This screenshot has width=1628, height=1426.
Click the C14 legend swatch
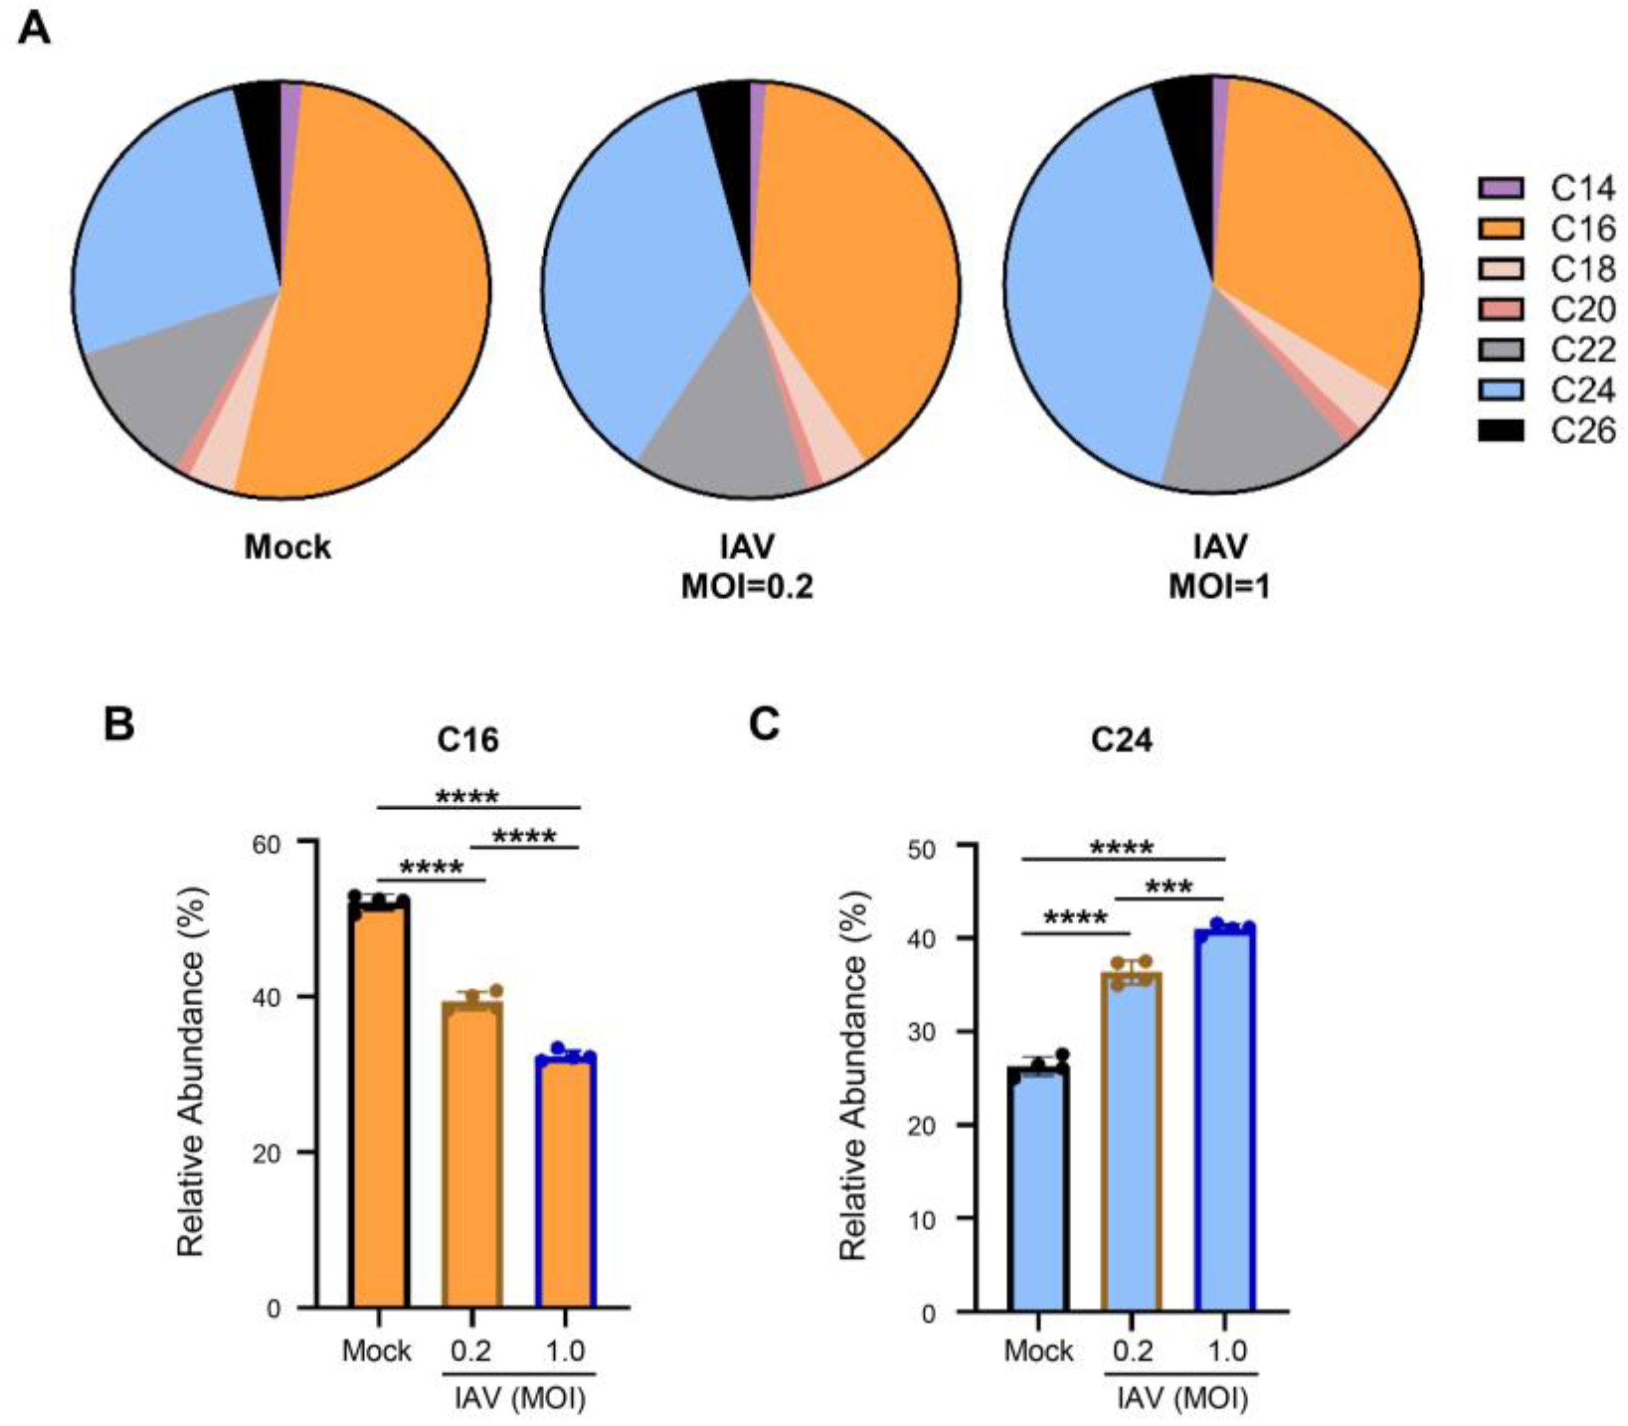[x=1501, y=188]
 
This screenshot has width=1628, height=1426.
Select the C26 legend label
[x=1583, y=432]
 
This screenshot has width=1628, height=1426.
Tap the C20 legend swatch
[x=1501, y=310]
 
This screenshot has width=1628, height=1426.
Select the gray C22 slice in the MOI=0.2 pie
[x=724, y=422]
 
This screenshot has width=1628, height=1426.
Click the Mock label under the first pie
[x=287, y=548]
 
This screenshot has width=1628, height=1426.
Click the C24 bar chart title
[x=1122, y=740]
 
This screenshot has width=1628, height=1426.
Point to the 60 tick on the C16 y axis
[x=270, y=842]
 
